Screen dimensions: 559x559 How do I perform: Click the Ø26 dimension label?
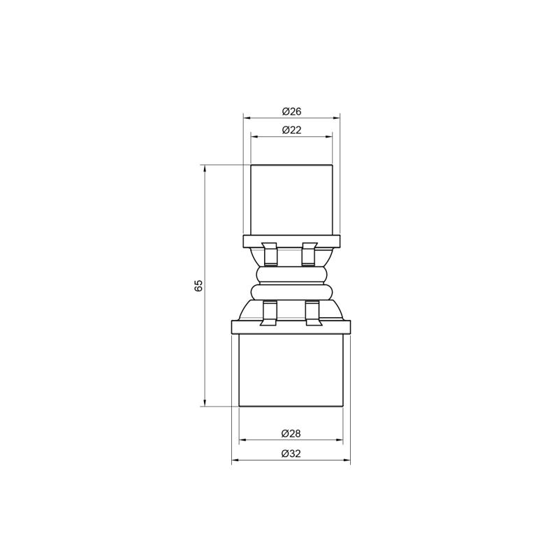click(x=291, y=112)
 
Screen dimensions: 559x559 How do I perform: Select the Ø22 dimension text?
click(x=291, y=130)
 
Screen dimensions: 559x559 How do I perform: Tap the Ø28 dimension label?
click(x=291, y=433)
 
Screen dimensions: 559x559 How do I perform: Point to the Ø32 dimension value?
click(x=291, y=453)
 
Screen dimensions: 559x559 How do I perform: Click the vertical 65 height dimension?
click(x=198, y=286)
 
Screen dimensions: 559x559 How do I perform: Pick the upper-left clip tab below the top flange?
click(x=269, y=254)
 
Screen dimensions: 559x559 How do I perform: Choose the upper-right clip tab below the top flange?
click(x=309, y=254)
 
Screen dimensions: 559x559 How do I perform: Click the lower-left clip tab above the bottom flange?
click(x=270, y=313)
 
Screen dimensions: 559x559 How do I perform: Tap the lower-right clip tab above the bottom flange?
click(x=314, y=313)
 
